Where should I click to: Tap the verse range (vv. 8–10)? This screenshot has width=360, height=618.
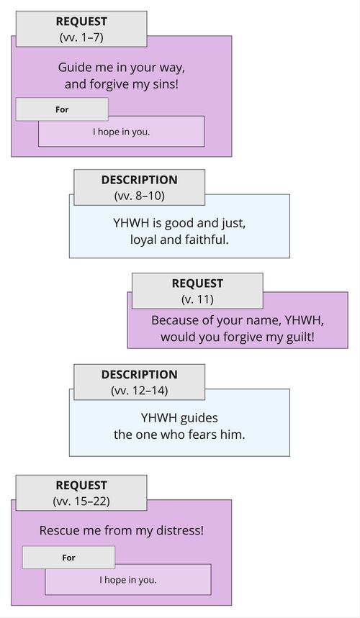(x=139, y=195)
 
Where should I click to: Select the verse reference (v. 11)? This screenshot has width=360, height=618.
(x=197, y=299)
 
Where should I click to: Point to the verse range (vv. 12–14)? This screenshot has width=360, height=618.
(x=139, y=390)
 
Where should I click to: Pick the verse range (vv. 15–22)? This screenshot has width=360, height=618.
(x=81, y=500)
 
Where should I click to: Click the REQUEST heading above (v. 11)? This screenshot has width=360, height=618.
(x=197, y=283)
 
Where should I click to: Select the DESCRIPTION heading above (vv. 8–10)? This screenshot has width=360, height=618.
(x=139, y=180)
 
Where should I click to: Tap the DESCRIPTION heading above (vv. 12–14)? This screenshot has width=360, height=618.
(x=139, y=375)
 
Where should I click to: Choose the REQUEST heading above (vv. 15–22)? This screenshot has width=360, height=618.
(x=81, y=486)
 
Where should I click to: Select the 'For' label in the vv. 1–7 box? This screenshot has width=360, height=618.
(x=62, y=110)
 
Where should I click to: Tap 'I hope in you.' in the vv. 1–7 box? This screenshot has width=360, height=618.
(x=121, y=132)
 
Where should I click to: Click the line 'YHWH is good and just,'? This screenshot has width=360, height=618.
(x=179, y=222)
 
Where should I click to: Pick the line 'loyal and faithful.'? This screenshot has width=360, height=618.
(x=179, y=239)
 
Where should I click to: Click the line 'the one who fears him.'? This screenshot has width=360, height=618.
(x=179, y=434)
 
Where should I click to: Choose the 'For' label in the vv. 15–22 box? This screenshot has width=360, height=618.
(x=68, y=558)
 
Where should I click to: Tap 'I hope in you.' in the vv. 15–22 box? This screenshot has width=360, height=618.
(x=127, y=579)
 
